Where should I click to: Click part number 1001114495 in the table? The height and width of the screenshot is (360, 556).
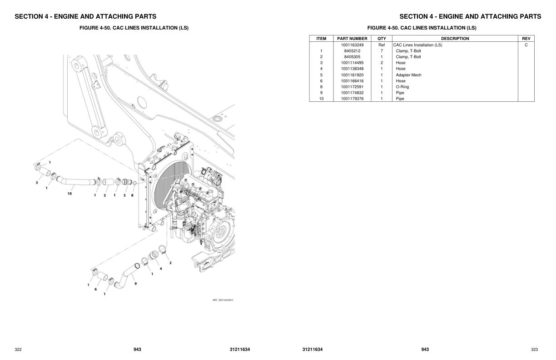click(352, 63)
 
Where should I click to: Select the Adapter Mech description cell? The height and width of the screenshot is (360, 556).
click(408, 75)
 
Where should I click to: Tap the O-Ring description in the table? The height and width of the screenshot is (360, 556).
click(402, 87)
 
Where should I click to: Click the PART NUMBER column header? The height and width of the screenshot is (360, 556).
click(352, 39)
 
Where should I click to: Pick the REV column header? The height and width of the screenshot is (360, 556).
click(526, 39)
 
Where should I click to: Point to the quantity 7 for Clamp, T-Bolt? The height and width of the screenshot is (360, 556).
click(382, 51)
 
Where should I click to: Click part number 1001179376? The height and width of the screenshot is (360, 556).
click(352, 99)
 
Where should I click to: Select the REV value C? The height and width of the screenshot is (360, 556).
click(526, 45)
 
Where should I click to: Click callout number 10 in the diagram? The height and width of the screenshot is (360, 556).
click(69, 194)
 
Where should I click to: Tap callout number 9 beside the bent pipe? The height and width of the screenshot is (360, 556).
click(135, 284)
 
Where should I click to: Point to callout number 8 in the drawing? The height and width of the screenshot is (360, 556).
click(132, 195)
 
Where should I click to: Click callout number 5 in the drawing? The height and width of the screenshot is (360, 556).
click(124, 195)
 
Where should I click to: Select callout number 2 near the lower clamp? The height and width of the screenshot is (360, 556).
click(170, 263)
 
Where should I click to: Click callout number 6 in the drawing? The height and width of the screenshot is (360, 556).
click(95, 289)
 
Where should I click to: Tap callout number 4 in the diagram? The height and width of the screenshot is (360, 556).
click(161, 269)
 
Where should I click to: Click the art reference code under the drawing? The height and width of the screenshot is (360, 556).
click(223, 300)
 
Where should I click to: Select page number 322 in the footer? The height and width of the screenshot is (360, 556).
click(18, 350)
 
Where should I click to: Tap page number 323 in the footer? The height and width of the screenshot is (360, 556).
click(534, 350)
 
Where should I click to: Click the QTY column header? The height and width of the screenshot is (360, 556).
click(382, 39)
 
